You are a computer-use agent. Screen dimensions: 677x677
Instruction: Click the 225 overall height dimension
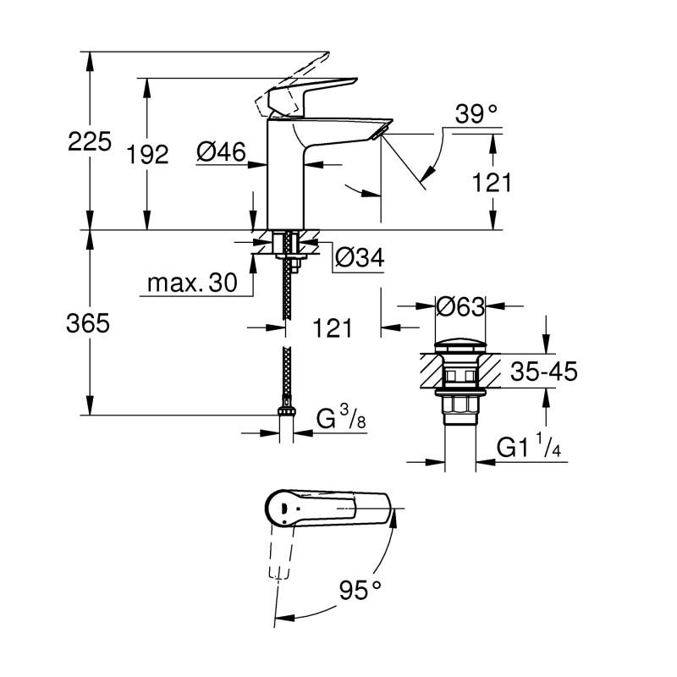90,141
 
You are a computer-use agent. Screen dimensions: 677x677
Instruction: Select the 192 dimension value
148,153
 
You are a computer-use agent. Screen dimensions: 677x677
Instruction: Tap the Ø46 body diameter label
221,151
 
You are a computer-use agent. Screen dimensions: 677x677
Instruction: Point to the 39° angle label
475,114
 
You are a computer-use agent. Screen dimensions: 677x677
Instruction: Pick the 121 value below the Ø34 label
333,327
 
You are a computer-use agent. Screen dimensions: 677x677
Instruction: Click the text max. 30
192,283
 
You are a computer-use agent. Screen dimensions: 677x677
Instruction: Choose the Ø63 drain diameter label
460,306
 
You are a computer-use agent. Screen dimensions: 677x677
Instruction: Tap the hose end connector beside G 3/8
287,414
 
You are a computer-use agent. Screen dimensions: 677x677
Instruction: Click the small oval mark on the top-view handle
282,507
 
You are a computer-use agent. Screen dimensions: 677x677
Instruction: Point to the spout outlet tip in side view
383,129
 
